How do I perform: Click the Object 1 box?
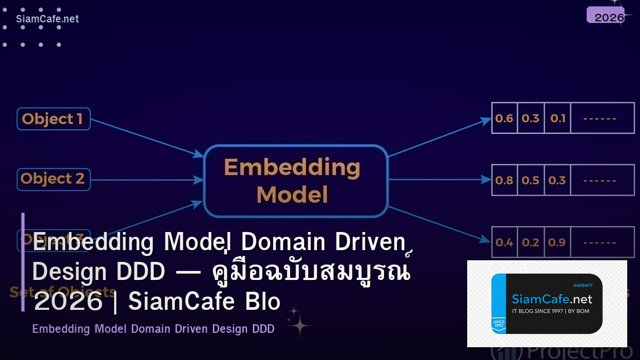(x=53, y=119)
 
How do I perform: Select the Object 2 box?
(x=53, y=179)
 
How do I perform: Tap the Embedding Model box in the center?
(x=295, y=181)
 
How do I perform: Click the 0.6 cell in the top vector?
(x=504, y=118)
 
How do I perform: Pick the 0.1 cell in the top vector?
(x=557, y=118)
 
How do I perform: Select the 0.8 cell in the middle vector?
(x=504, y=180)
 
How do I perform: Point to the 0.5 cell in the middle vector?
(x=531, y=180)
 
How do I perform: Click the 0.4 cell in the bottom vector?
(x=504, y=243)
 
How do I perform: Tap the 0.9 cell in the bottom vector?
(x=557, y=243)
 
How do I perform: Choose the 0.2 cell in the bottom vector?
(x=531, y=243)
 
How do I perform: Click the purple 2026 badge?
(x=609, y=16)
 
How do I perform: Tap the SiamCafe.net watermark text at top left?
(x=47, y=19)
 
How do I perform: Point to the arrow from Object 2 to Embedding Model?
(x=147, y=180)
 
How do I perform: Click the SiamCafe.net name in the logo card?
(x=551, y=299)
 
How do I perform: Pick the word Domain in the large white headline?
(x=283, y=242)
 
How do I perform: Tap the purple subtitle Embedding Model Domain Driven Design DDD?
(x=153, y=329)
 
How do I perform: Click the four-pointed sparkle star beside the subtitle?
(x=299, y=324)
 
